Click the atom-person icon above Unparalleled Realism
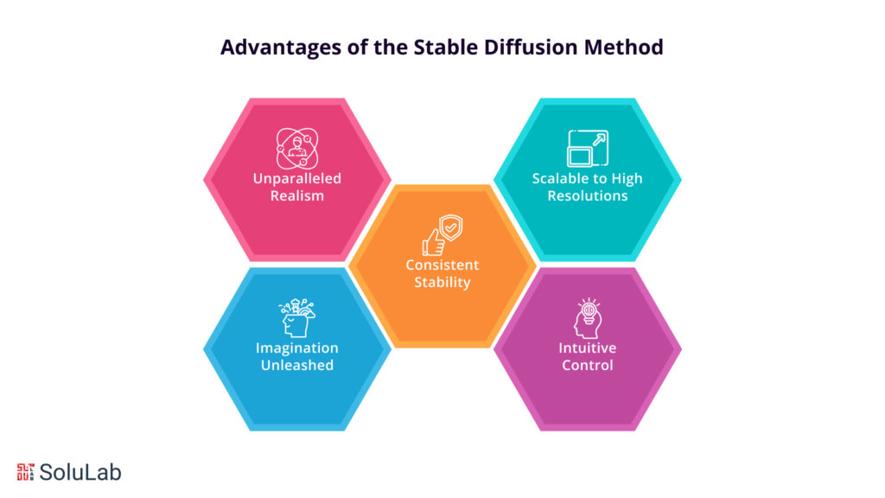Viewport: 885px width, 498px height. coord(296,148)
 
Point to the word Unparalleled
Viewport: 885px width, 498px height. coord(296,179)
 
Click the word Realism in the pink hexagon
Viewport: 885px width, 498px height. coord(296,195)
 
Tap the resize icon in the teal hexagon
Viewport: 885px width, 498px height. coord(587,148)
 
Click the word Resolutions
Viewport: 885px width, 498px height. coord(587,195)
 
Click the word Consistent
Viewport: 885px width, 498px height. coord(442,265)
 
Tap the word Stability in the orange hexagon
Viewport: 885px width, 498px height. coord(442,281)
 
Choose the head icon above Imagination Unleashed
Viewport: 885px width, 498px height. coord(296,318)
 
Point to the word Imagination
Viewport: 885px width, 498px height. coord(296,348)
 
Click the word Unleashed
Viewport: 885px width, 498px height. coord(296,365)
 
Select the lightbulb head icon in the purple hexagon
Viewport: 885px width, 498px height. coord(587,318)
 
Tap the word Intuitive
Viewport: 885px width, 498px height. coord(587,348)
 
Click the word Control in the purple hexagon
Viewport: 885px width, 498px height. coord(587,365)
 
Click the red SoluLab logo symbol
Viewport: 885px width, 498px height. coord(24,471)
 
